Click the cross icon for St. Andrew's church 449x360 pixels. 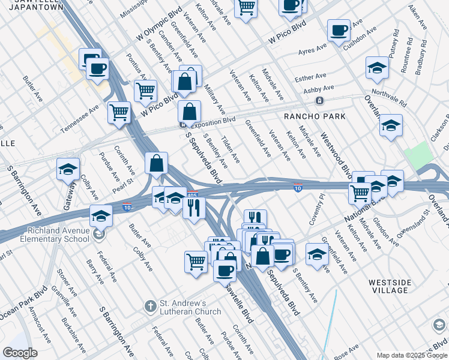(x=151, y=307)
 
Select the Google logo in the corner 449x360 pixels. (x=20, y=353)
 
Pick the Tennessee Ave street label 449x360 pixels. (x=80, y=120)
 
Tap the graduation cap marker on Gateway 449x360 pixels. (x=68, y=170)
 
